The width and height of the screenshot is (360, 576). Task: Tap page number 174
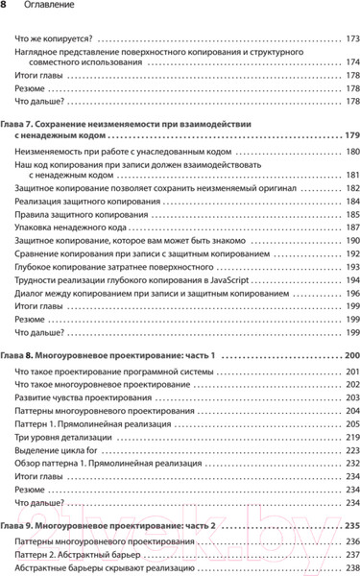[350, 60]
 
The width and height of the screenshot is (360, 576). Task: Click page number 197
[350, 291]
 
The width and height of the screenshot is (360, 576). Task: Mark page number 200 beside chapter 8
[350, 355]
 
